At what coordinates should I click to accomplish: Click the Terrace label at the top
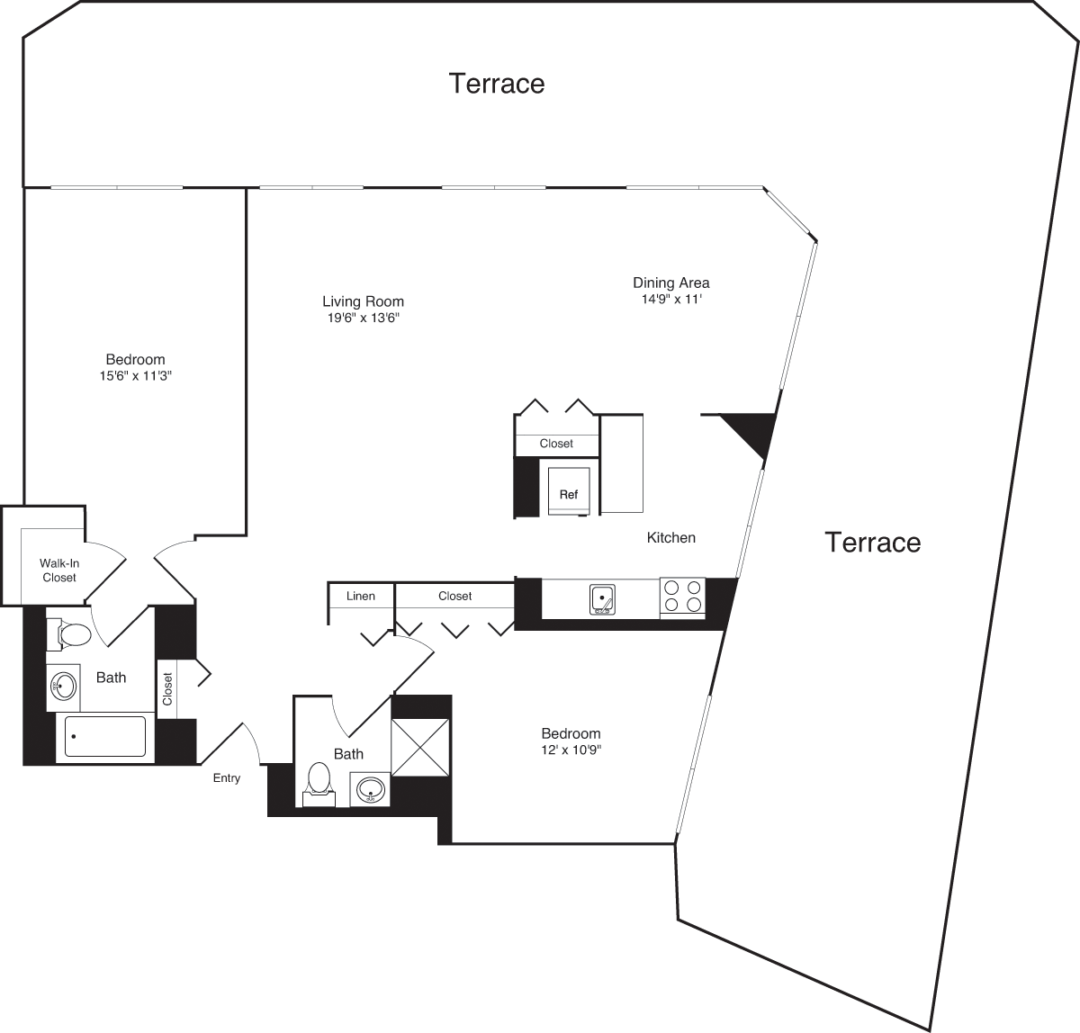coord(497,83)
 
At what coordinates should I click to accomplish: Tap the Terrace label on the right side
coord(872,542)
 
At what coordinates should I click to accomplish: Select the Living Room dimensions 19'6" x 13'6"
coord(363,318)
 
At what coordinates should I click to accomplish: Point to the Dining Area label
coord(670,283)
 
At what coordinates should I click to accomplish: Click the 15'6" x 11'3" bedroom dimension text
coord(135,376)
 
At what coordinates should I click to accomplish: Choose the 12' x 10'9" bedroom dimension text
coord(571,750)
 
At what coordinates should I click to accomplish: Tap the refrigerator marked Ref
coord(569,493)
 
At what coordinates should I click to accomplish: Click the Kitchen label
coord(670,537)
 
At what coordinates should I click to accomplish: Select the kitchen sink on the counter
coord(602,599)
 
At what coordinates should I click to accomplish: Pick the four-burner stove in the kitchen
coord(682,597)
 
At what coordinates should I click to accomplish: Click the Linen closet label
coord(361,596)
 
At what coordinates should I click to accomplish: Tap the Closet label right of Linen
coord(454,596)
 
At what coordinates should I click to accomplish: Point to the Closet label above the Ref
coord(556,444)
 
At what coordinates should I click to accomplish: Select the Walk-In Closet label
coord(59,570)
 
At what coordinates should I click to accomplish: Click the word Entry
coord(227,778)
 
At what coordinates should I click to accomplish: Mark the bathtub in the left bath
coord(105,736)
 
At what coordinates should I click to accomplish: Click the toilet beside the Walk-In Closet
coord(71,634)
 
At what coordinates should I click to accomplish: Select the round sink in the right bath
coord(370,792)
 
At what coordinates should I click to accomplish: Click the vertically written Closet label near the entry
coord(167,688)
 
